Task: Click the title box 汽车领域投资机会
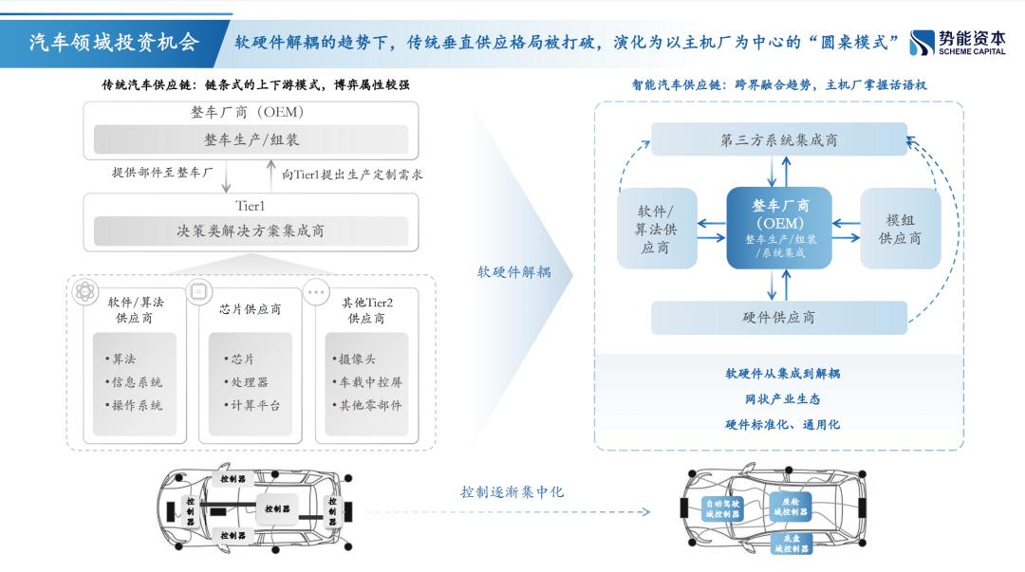tap(113, 43)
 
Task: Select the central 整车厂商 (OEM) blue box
tap(779, 227)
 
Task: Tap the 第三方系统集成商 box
tap(779, 140)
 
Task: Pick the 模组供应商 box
tap(899, 228)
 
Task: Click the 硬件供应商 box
tap(779, 317)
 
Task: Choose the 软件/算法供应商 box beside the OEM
tap(657, 228)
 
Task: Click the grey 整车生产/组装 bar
tap(252, 139)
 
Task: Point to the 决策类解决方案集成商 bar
tap(252, 231)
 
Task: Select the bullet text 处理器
tap(247, 382)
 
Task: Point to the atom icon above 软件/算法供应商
tap(82, 291)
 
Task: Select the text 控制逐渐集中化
tap(512, 491)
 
